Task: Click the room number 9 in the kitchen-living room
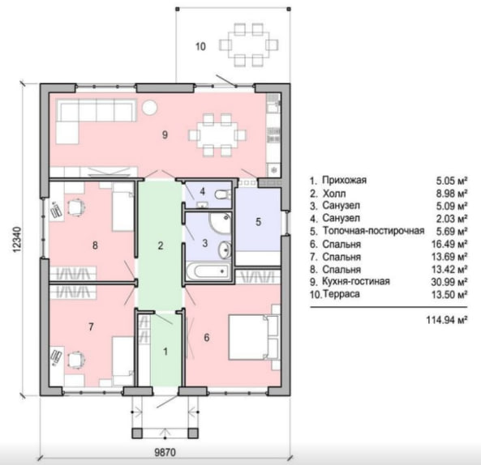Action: click(x=165, y=134)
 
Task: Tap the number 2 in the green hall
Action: click(x=161, y=245)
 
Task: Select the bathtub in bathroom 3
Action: click(x=208, y=271)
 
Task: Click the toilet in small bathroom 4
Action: click(x=222, y=194)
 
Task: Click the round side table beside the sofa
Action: click(x=150, y=108)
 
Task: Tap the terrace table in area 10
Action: click(x=249, y=45)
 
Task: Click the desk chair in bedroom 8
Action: click(x=75, y=207)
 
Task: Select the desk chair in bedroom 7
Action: click(x=75, y=359)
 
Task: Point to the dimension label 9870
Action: click(x=165, y=452)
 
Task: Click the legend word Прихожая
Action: click(x=344, y=180)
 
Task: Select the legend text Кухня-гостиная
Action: click(x=356, y=281)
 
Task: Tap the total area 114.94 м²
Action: click(x=447, y=320)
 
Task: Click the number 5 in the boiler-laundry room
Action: click(x=258, y=222)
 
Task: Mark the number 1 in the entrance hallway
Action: click(x=165, y=352)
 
